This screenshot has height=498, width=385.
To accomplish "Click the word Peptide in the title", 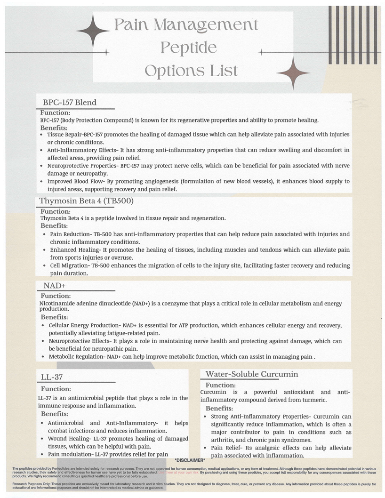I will coord(188,48).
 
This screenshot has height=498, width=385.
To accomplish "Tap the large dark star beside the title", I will coord(93,32).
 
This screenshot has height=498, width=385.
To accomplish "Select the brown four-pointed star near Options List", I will coord(293,73).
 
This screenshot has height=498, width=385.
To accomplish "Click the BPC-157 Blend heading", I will coord(70,102).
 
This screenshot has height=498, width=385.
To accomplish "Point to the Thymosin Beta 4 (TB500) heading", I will coord(86,201).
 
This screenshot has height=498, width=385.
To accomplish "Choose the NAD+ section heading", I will coord(54,286).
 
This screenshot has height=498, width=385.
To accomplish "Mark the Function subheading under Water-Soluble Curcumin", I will coord(220,385).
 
